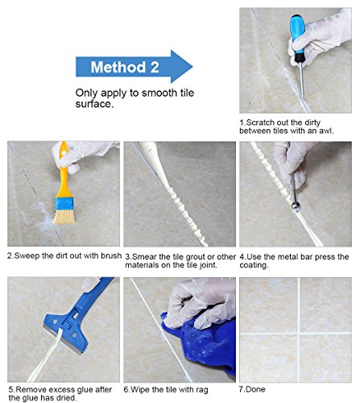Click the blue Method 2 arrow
[134, 67]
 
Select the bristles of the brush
[64, 217]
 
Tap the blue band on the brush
[64, 204]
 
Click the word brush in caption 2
[111, 256]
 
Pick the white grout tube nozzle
[155, 164]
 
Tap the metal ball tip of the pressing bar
[296, 206]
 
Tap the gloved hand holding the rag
[199, 304]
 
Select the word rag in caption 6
[201, 390]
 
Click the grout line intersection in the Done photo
[299, 334]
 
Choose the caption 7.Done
[252, 389]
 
